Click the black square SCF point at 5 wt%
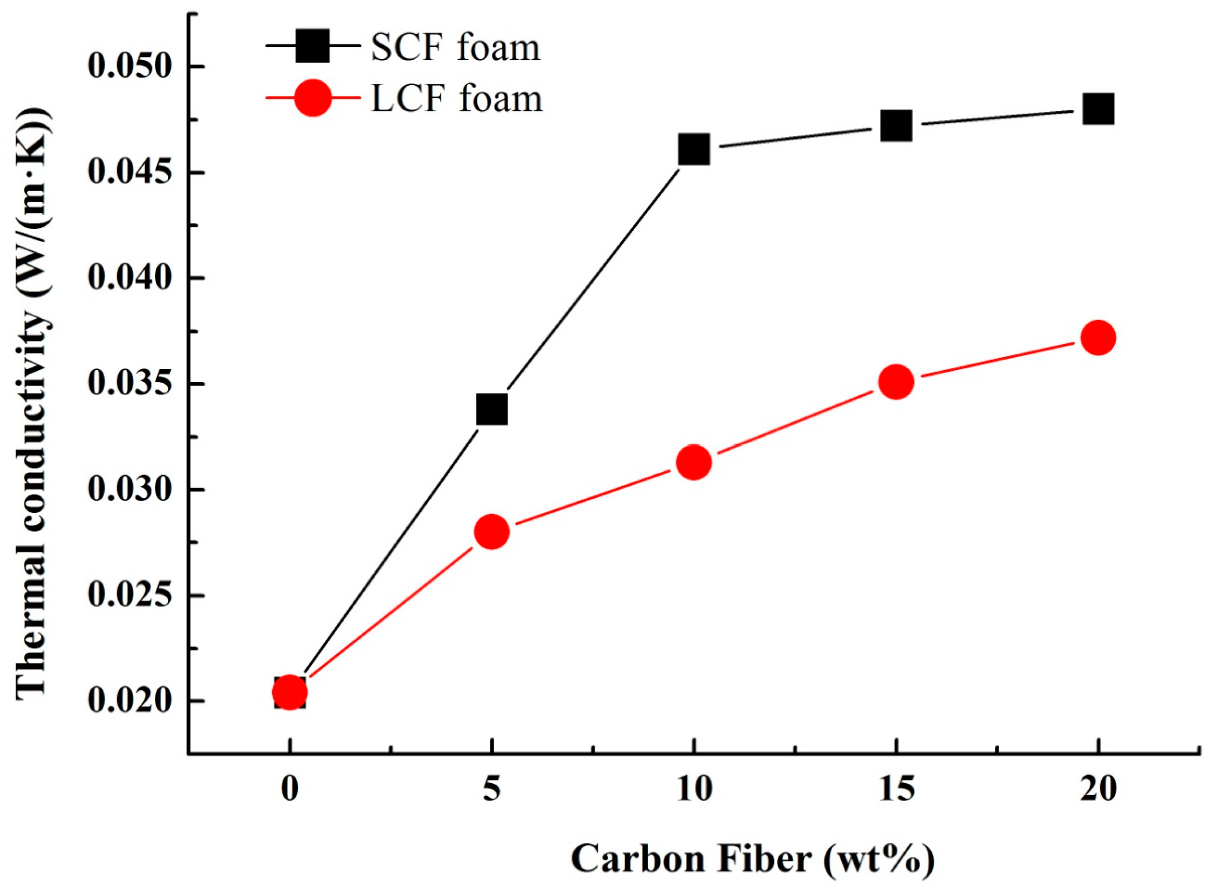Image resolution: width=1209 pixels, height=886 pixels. [492, 410]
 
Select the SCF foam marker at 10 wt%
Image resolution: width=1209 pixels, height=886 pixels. [694, 149]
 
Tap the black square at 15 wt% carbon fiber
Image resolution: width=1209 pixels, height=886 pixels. [896, 126]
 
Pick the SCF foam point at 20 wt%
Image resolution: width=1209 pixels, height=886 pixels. [1098, 109]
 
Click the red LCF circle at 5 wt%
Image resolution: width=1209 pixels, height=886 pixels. [492, 532]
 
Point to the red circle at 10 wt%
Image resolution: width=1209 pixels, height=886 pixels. [694, 462]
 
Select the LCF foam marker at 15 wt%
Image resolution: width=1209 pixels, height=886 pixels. [896, 382]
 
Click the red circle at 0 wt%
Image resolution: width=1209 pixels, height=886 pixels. [289, 692]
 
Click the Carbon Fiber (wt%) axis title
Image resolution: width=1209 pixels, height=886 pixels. [753, 859]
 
